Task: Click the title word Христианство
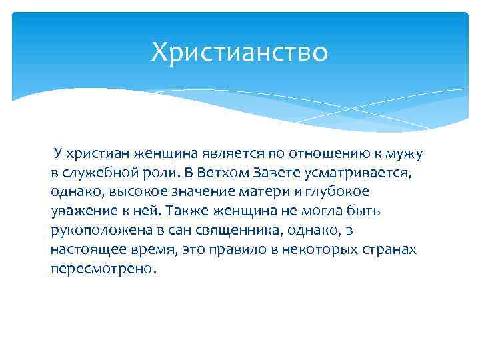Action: click(239, 52)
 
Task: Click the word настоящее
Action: click(85, 249)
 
